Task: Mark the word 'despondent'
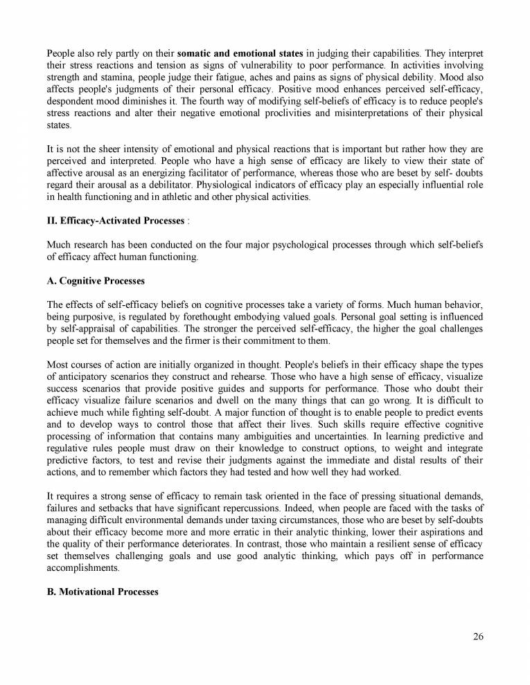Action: coord(71,103)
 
